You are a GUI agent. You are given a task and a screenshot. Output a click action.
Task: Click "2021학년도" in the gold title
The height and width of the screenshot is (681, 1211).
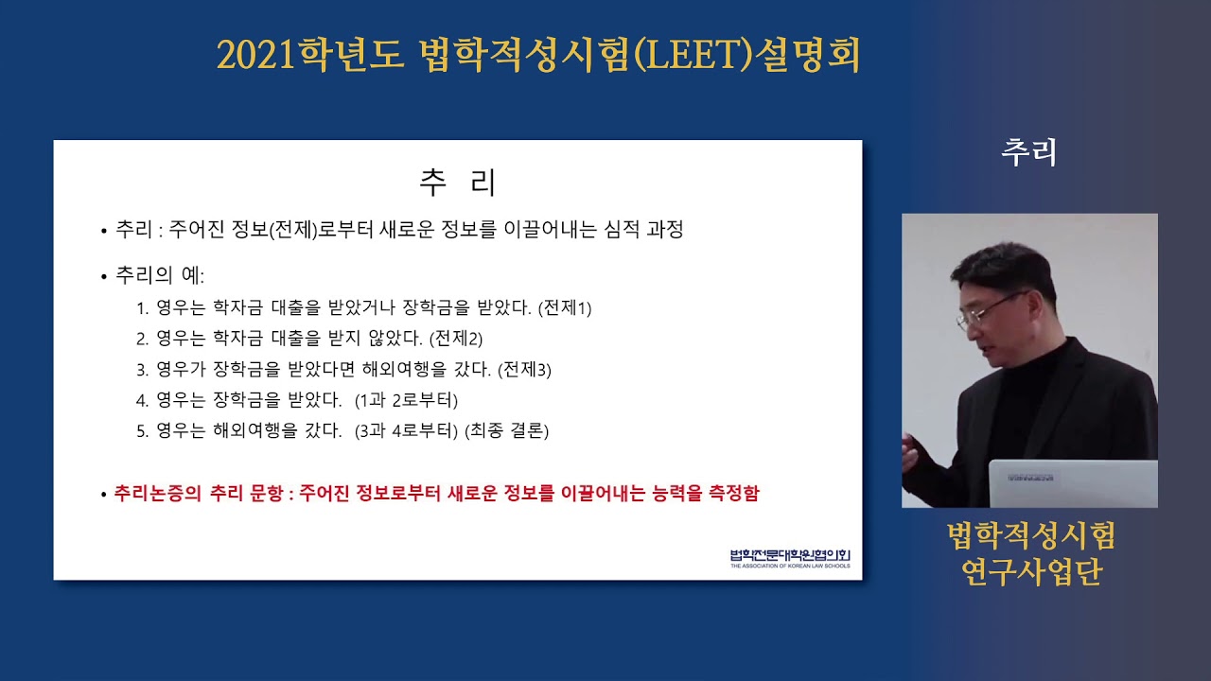pyautogui.click(x=310, y=55)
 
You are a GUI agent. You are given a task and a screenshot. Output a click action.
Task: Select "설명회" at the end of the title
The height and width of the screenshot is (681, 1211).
pyautogui.click(x=808, y=55)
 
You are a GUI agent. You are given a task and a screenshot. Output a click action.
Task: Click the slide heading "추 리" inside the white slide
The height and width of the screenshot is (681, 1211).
pyautogui.click(x=457, y=183)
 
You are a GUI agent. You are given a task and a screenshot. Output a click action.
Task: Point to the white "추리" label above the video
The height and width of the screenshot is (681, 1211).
pyautogui.click(x=1028, y=152)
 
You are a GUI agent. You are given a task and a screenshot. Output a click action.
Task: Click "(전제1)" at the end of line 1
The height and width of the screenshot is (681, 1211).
pyautogui.click(x=565, y=308)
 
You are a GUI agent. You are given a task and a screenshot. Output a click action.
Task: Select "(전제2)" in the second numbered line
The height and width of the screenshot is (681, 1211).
pyautogui.click(x=456, y=339)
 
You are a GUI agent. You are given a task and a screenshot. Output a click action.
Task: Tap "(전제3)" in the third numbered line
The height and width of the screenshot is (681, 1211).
pyautogui.click(x=524, y=370)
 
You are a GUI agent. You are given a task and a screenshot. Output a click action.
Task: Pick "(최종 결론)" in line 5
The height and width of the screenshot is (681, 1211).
pyautogui.click(x=506, y=430)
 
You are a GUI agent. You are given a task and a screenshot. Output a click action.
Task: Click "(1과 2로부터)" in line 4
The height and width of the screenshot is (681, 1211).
pyautogui.click(x=406, y=400)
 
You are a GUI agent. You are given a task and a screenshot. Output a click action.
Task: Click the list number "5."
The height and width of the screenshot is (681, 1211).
pyautogui.click(x=142, y=431)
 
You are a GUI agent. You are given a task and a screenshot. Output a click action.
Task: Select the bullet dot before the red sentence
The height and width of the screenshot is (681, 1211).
pyautogui.click(x=104, y=495)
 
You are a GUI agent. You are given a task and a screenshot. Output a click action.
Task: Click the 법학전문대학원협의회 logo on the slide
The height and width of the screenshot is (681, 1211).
pyautogui.click(x=790, y=559)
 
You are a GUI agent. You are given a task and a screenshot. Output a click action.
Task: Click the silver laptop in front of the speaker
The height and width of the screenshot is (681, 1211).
pyautogui.click(x=1073, y=483)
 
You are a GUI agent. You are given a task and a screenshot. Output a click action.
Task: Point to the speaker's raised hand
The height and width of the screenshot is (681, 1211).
pyautogui.click(x=910, y=453)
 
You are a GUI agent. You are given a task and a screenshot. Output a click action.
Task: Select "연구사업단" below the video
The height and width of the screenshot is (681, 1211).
pyautogui.click(x=1031, y=572)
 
